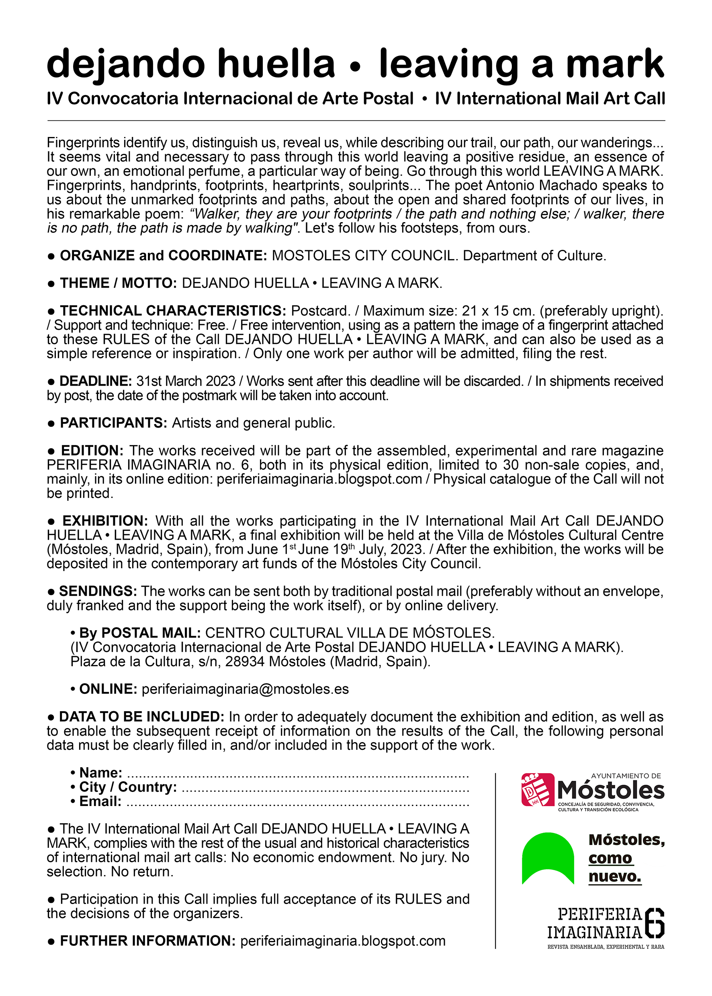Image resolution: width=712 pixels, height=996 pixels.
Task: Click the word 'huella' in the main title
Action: [276, 63]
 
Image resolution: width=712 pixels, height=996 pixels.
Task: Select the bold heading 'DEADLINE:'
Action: [96, 381]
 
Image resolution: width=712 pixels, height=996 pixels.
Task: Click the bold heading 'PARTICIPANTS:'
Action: [114, 423]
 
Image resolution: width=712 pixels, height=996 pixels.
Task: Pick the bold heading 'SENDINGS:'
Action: [98, 591]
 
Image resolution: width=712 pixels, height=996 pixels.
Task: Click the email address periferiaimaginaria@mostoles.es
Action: [245, 689]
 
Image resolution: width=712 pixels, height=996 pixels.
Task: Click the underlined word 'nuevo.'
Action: [615, 876]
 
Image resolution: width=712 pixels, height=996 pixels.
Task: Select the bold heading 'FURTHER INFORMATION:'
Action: [148, 941]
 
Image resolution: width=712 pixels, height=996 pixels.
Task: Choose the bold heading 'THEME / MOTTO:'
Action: [119, 283]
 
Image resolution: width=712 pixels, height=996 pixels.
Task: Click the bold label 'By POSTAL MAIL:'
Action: [140, 633]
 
